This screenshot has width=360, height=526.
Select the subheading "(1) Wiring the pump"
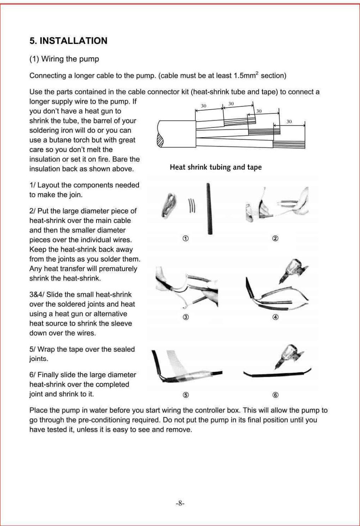(x=64, y=59)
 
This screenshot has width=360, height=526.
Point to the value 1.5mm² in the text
(x=246, y=76)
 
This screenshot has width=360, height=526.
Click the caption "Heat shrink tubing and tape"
(x=216, y=167)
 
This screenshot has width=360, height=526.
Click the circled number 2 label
(x=275, y=239)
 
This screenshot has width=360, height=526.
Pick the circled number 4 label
(x=275, y=317)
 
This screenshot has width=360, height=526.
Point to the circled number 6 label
(x=275, y=395)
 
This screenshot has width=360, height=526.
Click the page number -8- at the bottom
(x=180, y=503)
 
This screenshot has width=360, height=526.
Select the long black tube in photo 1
(x=209, y=209)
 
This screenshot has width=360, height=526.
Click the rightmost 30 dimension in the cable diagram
(x=289, y=122)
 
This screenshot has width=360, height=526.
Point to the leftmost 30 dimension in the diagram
(x=203, y=106)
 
